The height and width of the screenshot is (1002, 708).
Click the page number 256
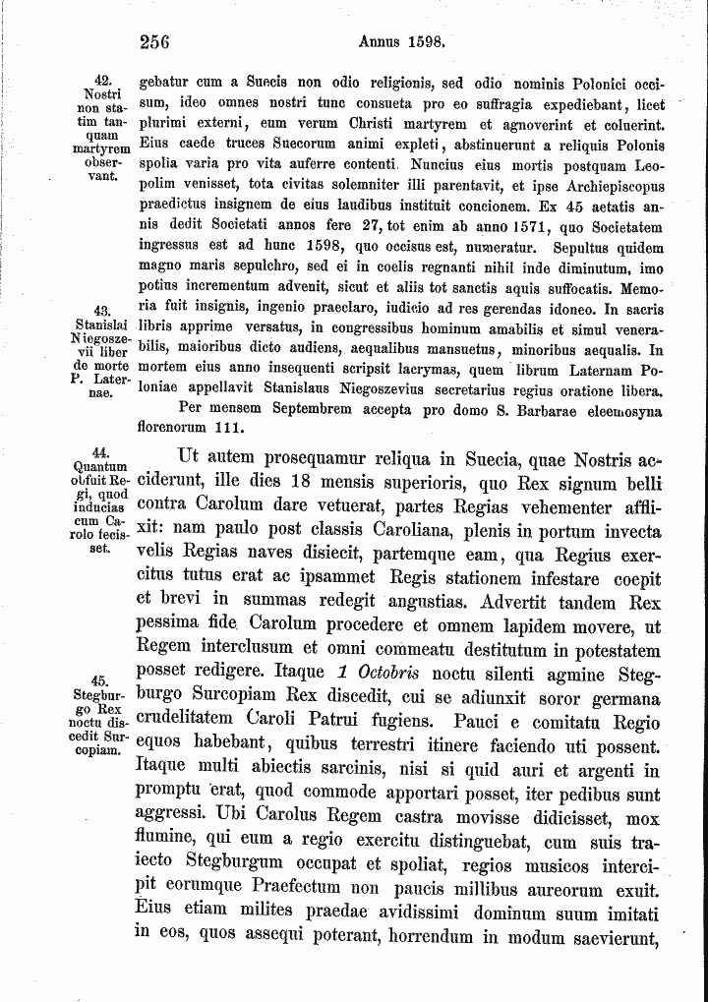pyautogui.click(x=155, y=41)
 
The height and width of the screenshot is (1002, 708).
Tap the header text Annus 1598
pyautogui.click(x=403, y=41)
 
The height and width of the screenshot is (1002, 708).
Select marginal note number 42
pyautogui.click(x=100, y=78)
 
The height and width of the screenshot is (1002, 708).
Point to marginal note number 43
pyautogui.click(x=101, y=311)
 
